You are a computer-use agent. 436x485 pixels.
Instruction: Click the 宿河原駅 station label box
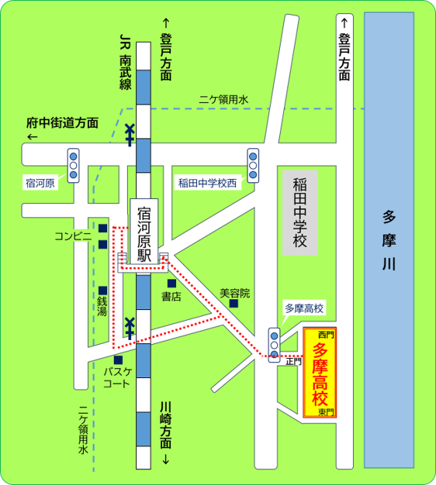coord(143,232)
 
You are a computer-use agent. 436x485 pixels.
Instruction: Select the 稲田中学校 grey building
coord(300,213)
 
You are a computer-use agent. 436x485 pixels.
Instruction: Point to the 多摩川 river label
coord(389,240)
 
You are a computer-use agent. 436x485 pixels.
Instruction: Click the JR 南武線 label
coord(124,62)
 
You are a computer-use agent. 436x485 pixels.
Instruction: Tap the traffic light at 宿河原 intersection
coord(74,164)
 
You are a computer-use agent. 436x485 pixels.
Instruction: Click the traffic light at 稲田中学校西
coord(253,163)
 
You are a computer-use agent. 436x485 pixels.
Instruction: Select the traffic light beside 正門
coord(274,343)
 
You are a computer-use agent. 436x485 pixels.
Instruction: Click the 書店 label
coord(171,296)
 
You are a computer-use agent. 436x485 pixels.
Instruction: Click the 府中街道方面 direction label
coord(62,123)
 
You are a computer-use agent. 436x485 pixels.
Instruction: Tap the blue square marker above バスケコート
coord(117,360)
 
